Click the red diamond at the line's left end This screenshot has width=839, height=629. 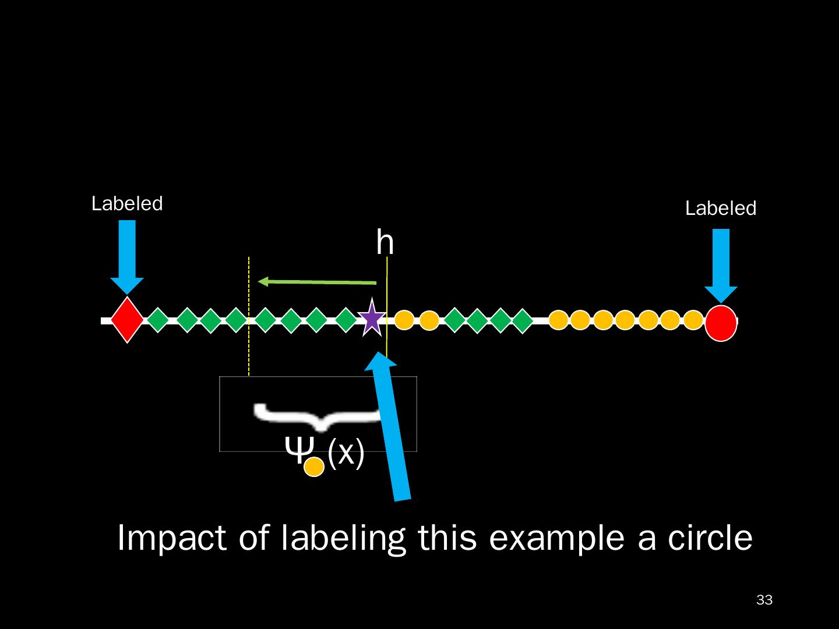pos(127,320)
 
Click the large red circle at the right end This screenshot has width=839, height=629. pos(721,323)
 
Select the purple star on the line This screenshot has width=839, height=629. pos(372,318)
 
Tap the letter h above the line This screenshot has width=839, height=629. pos(385,242)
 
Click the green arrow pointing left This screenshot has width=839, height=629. pos(318,282)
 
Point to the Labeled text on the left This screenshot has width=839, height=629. pos(127,204)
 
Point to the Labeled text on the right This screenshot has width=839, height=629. pos(720,209)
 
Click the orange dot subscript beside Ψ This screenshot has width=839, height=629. pos(314,467)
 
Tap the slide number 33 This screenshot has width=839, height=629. pos(764,600)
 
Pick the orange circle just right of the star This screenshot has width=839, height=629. pos(404,320)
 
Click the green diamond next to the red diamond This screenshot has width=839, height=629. pos(157,320)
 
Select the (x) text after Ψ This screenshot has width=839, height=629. pos(346,453)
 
